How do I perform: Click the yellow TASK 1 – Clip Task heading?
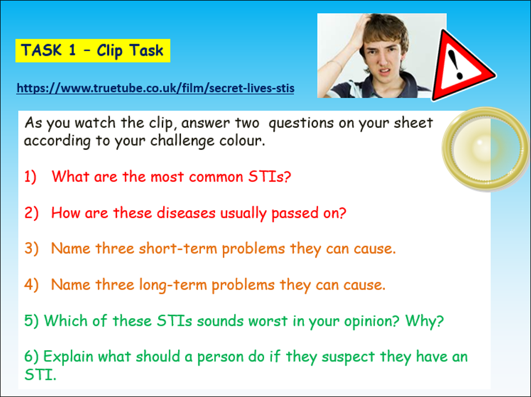tap(92, 51)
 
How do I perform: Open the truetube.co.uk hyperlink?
tap(155, 88)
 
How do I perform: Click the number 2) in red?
tap(31, 213)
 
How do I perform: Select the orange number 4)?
tap(31, 285)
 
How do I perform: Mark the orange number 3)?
tap(31, 249)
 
